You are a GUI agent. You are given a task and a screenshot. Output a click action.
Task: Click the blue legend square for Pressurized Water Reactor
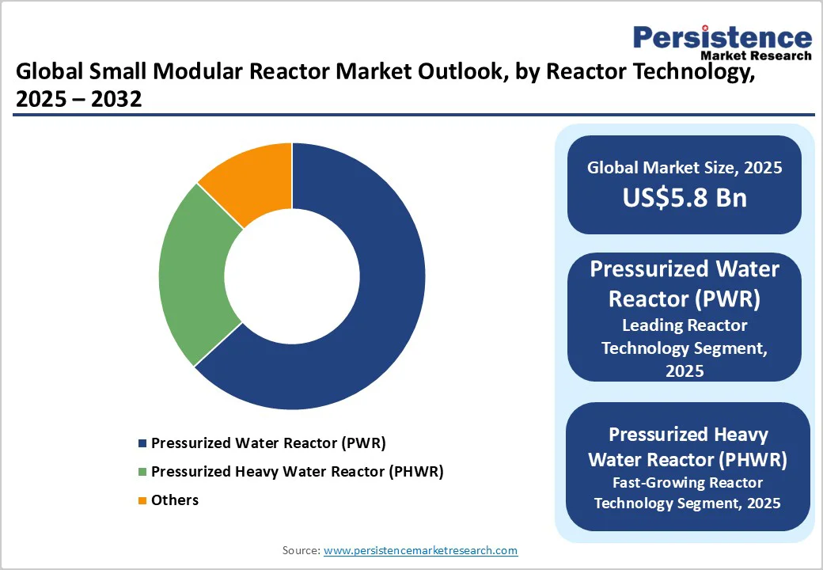click(x=142, y=443)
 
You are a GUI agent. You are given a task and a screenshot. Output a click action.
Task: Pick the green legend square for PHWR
click(x=142, y=472)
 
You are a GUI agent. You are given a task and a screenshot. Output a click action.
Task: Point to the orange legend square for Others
click(x=142, y=500)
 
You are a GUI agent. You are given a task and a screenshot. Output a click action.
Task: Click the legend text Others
click(x=175, y=500)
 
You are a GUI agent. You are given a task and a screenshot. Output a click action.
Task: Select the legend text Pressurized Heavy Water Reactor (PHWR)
click(x=297, y=472)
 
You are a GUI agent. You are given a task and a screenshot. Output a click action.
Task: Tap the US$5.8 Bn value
click(x=684, y=198)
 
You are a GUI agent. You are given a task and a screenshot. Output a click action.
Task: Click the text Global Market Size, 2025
click(x=684, y=168)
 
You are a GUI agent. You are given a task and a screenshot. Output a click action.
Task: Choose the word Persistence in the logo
click(x=722, y=38)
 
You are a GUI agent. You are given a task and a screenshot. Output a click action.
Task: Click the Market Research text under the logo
click(x=756, y=55)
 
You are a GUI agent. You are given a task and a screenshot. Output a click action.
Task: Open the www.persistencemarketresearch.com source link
click(x=420, y=550)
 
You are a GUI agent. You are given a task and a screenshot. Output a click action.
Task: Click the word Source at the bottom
click(x=301, y=550)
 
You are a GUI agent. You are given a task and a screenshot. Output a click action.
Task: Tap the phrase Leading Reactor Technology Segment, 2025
click(x=684, y=348)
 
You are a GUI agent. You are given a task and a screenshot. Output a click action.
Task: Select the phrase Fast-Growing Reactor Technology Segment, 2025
click(x=687, y=492)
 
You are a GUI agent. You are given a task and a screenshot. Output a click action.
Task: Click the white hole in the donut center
click(x=292, y=277)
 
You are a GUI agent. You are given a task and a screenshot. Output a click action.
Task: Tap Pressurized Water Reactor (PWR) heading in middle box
click(x=684, y=283)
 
